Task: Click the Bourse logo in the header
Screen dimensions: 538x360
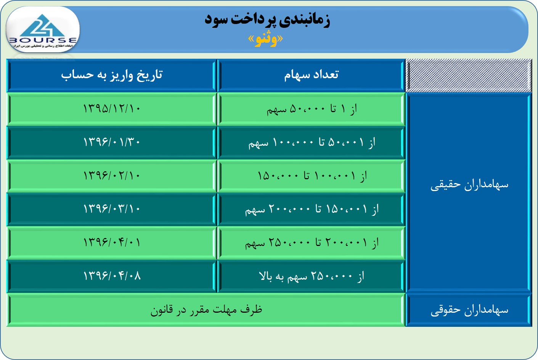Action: coord(42,30)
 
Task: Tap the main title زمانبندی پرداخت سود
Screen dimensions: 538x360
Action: coord(267,20)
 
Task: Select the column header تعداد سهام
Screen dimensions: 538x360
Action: coord(311,75)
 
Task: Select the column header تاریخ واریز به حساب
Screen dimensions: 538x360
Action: coord(112,75)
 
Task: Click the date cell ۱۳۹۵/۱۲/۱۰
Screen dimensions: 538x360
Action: coord(112,109)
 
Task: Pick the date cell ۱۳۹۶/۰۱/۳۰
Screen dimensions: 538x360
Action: coord(112,142)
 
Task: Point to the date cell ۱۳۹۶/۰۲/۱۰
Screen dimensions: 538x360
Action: coord(112,175)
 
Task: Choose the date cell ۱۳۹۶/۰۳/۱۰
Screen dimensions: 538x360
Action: coord(112,209)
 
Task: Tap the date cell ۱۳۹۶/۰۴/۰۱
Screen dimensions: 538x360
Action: coord(112,242)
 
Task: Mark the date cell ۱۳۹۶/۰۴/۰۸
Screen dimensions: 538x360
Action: coord(112,276)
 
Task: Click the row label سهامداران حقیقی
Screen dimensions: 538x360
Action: coord(469,185)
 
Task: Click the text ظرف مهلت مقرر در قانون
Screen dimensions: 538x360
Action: coord(206,310)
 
